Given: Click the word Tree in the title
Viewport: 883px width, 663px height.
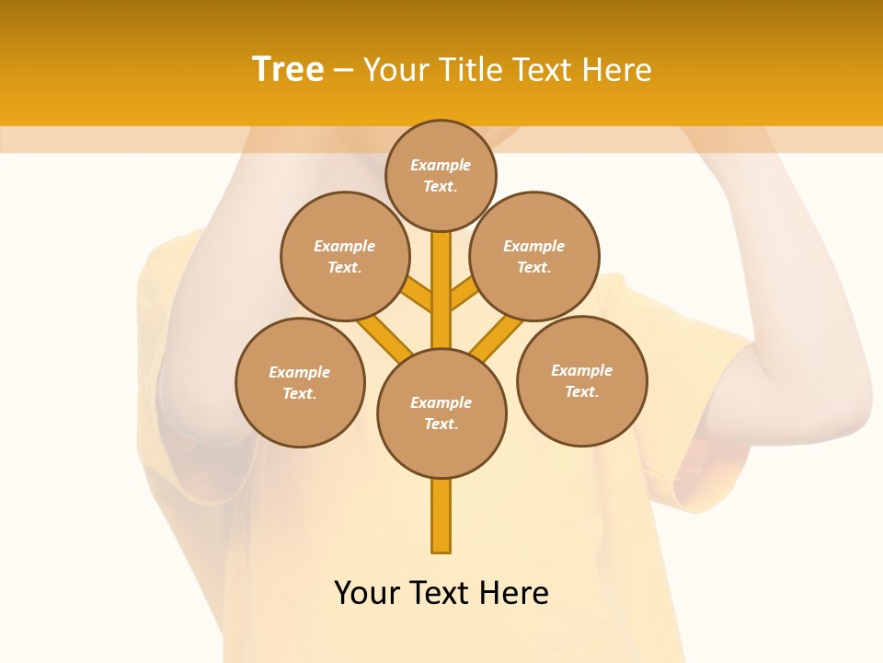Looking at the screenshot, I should pyautogui.click(x=288, y=70).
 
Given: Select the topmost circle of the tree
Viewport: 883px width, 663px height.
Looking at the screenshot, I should pyautogui.click(x=441, y=175).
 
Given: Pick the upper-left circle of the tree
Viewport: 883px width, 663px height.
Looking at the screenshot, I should pyautogui.click(x=344, y=256).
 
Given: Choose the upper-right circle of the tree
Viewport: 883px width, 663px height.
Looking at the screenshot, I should pyautogui.click(x=534, y=256).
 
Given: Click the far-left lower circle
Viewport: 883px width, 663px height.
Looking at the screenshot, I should pyautogui.click(x=300, y=382).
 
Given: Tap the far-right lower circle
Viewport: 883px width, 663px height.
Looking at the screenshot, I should pyautogui.click(x=582, y=380).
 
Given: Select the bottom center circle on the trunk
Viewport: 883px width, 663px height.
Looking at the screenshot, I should pyautogui.click(x=441, y=413).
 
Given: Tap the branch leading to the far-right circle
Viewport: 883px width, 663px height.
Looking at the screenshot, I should pyautogui.click(x=498, y=337).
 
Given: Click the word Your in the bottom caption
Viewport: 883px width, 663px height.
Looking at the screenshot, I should pyautogui.click(x=367, y=593).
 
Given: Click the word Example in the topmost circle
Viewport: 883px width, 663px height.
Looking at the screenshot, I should pyautogui.click(x=441, y=165).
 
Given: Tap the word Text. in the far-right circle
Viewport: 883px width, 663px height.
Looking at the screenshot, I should pyautogui.click(x=581, y=391).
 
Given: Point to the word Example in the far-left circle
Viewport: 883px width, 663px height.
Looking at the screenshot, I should pyautogui.click(x=300, y=372).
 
